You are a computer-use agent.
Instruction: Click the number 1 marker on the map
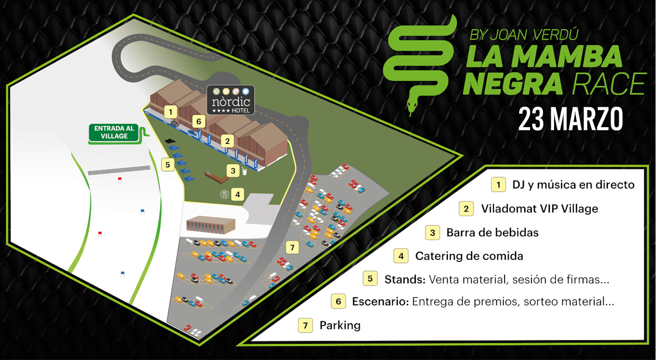click(x=171, y=112)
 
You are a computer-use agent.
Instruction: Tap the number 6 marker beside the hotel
click(x=199, y=121)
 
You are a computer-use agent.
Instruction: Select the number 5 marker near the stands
click(x=168, y=165)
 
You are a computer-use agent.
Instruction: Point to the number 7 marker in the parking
click(x=292, y=248)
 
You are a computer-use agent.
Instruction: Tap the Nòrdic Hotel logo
click(x=231, y=100)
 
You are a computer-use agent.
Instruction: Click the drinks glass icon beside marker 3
click(x=244, y=171)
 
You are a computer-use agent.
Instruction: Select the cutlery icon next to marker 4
click(x=225, y=194)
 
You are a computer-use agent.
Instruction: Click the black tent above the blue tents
click(x=170, y=142)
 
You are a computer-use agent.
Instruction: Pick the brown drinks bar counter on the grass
click(x=217, y=177)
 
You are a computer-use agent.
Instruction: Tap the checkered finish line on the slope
click(x=119, y=170)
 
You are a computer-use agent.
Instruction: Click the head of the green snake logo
click(x=412, y=105)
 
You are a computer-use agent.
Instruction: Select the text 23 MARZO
click(x=571, y=119)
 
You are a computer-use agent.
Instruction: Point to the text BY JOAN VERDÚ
click(x=524, y=35)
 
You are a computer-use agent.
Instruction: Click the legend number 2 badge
click(x=466, y=209)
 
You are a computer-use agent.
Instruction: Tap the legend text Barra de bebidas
click(x=493, y=232)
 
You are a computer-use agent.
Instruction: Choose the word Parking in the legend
click(x=340, y=325)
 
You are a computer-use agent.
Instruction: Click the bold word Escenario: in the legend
click(x=380, y=302)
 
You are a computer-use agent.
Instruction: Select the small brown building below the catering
click(x=211, y=225)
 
